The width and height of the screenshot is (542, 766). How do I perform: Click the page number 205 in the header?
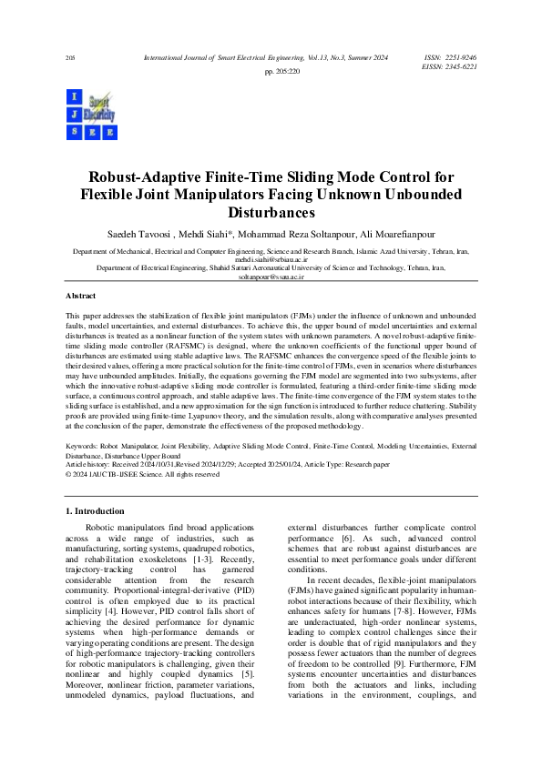point(70,58)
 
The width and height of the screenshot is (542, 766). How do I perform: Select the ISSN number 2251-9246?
point(458,57)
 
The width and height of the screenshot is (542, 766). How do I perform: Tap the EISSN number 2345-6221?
point(458,66)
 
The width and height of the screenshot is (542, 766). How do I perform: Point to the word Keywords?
point(83,447)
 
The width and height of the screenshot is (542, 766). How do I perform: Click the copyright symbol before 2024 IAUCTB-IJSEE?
point(69,474)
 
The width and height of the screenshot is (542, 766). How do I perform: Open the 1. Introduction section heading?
point(102,512)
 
